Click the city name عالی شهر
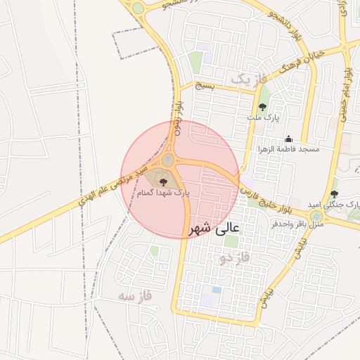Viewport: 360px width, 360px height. (215, 228)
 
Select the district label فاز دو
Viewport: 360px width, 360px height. (234, 259)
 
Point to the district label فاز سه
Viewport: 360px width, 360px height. (136, 296)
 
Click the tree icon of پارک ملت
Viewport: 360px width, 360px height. (262, 108)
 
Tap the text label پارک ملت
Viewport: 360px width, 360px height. (262, 119)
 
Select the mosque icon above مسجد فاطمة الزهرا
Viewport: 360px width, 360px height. (288, 139)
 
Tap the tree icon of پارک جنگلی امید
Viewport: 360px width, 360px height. (334, 194)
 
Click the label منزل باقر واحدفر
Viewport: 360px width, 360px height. (297, 224)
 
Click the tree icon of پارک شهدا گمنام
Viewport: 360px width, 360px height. (155, 182)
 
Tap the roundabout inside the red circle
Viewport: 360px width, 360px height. (169, 160)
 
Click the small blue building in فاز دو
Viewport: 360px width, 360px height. (217, 290)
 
